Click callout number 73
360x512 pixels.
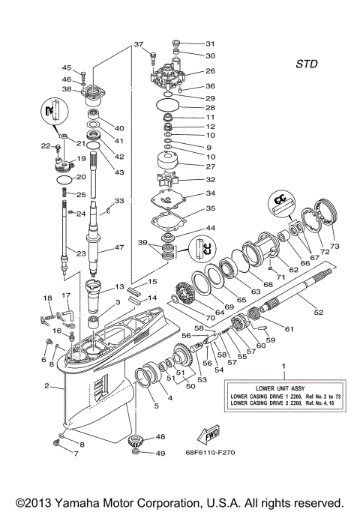pos(335,245)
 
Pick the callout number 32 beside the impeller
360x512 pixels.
pos(210,180)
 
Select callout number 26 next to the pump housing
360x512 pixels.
pos(210,71)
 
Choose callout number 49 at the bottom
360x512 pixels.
pos(160,453)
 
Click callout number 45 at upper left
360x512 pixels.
pos(67,67)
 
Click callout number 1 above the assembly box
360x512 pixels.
pos(283,366)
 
